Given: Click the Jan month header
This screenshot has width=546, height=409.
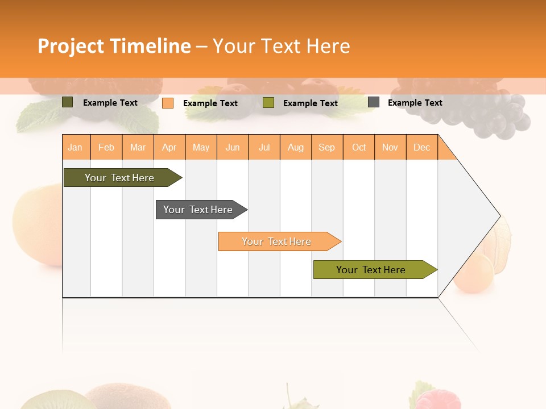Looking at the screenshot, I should tap(76, 148).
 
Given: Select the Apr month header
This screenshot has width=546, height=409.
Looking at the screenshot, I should tap(169, 148).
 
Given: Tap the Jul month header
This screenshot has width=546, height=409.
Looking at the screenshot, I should tap(264, 148).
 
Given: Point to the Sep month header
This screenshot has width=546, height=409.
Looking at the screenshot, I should tap(326, 148).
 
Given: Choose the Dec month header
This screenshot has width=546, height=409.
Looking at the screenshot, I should tap(421, 148).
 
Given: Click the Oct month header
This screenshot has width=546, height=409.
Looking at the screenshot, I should tap(359, 148).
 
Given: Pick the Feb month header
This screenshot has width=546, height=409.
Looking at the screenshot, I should tap(106, 148).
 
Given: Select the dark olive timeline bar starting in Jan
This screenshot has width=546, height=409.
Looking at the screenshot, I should tap(119, 178).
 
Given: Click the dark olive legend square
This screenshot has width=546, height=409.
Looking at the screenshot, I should tap(68, 102).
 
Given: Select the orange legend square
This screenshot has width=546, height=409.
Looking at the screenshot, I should tap(168, 103).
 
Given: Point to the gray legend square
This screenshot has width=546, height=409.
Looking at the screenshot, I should tap(374, 102).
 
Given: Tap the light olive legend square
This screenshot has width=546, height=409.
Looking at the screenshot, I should tap(268, 103).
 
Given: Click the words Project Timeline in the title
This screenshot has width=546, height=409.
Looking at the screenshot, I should tap(114, 46).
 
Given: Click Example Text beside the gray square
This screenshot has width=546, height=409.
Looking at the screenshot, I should tap(415, 103).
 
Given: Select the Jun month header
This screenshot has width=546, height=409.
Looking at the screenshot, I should tap(233, 148).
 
